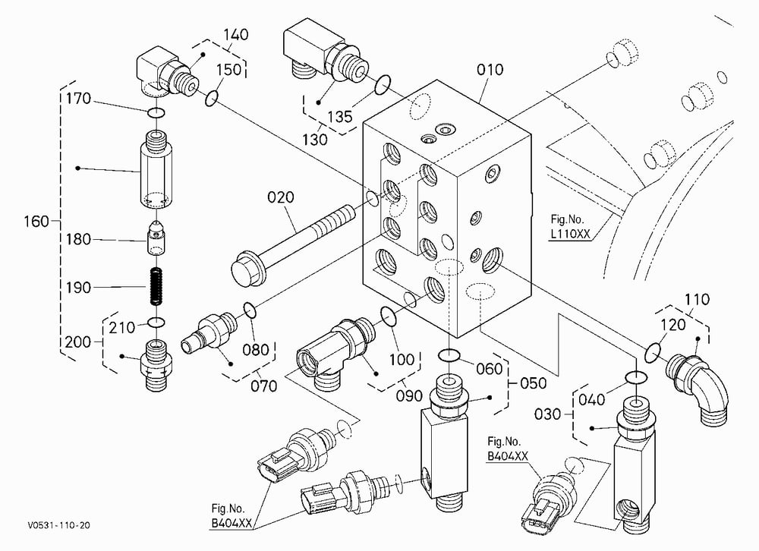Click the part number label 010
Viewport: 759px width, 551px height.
(x=490, y=70)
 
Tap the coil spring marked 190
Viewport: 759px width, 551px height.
(x=156, y=287)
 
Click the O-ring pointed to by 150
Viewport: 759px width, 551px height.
(x=212, y=98)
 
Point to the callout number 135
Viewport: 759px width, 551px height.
(x=340, y=116)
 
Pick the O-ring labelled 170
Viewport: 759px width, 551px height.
(x=156, y=113)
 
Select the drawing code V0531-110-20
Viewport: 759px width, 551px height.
(x=58, y=525)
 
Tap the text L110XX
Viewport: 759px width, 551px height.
(x=571, y=234)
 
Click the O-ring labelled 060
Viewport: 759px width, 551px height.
(x=449, y=356)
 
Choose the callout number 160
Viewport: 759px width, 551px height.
(x=36, y=222)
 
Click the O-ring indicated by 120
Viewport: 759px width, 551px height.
(x=653, y=352)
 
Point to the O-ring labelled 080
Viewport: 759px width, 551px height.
(x=250, y=310)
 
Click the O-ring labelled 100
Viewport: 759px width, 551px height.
(x=389, y=316)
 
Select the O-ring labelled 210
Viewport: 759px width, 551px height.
(x=156, y=322)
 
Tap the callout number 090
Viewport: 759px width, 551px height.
(x=409, y=395)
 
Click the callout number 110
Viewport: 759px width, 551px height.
(x=697, y=299)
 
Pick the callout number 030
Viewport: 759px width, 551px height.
(x=547, y=414)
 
